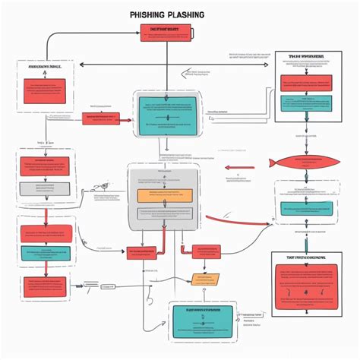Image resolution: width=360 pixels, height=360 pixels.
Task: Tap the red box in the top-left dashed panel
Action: click(x=46, y=90)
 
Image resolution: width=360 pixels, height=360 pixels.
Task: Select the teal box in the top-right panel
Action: click(x=305, y=103)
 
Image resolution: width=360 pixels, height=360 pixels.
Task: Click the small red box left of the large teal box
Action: click(x=99, y=118)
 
